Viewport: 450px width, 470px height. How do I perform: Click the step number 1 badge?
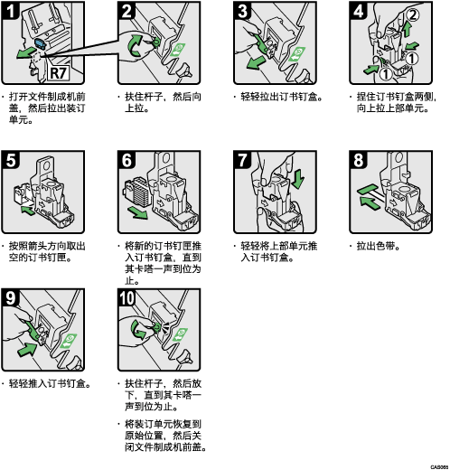[11, 11]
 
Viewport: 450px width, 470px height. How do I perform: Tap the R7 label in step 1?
[59, 72]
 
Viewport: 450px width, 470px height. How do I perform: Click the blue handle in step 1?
[40, 43]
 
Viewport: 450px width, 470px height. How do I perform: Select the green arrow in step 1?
[25, 53]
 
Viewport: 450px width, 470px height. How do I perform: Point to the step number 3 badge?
[242, 11]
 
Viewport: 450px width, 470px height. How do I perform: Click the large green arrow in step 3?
[256, 62]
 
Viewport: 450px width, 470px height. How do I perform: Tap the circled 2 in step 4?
[413, 14]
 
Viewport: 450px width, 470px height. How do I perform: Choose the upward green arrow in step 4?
[407, 29]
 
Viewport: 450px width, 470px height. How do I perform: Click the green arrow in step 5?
[28, 210]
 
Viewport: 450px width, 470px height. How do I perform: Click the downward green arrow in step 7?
[298, 179]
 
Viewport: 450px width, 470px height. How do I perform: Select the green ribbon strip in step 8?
[368, 190]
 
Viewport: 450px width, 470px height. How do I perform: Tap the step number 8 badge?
[359, 160]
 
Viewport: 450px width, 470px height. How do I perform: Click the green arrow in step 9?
[29, 350]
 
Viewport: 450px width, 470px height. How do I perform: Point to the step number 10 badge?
[127, 298]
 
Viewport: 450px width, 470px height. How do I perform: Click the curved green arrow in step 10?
[138, 330]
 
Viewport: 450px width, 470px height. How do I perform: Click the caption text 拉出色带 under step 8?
[378, 246]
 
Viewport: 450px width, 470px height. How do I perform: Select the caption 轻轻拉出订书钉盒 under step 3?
[282, 97]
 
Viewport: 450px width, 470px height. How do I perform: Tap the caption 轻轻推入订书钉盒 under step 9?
[50, 383]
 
